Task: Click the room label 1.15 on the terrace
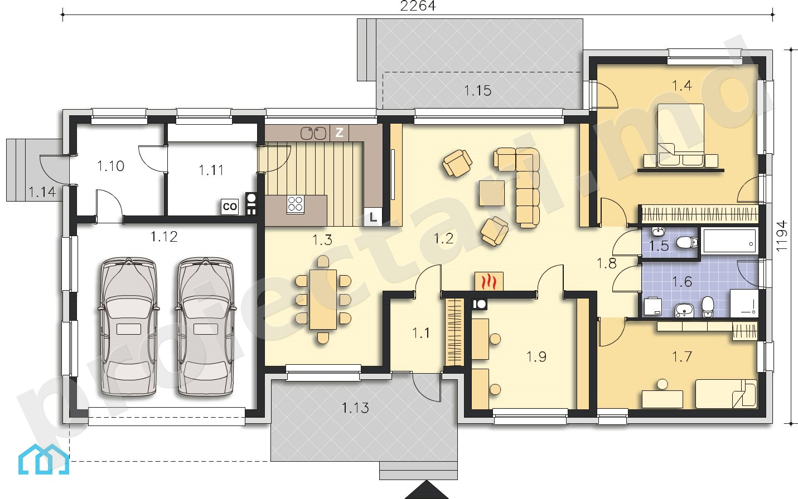478,91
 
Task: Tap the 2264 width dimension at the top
418,6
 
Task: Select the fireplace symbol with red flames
489,282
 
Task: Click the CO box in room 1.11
229,206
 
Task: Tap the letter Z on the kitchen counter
339,133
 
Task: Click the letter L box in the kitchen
373,217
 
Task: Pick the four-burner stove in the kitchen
296,204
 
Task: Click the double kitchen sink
313,133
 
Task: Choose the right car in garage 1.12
205,326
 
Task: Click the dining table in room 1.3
323,300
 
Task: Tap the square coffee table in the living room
492,193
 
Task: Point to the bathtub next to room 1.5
729,241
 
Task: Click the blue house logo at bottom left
43,459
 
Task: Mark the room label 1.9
536,356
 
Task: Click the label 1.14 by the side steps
42,192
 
